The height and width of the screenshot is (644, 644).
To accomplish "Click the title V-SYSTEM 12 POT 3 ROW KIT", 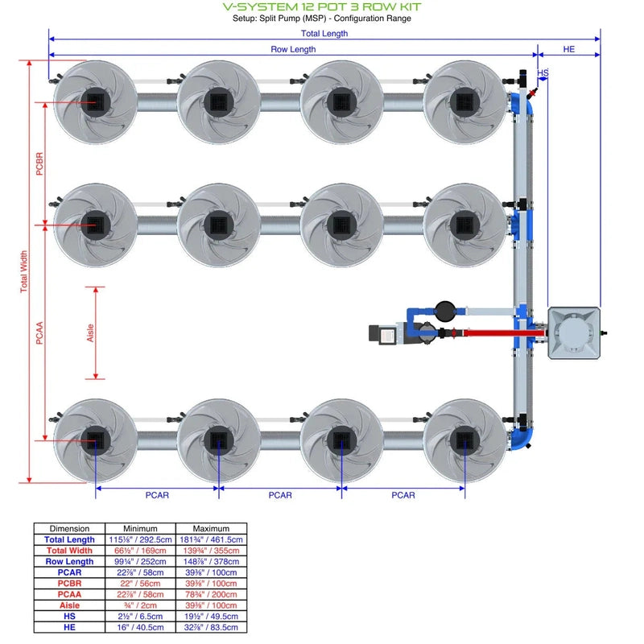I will click(x=321, y=6).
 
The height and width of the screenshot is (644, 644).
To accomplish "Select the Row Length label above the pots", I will click(x=292, y=50).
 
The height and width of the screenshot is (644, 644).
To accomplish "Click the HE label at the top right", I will click(x=568, y=50).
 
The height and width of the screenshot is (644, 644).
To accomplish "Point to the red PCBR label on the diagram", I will click(x=39, y=163).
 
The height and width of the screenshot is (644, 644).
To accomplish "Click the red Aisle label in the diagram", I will click(x=90, y=332).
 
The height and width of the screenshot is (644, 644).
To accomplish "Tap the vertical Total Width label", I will click(x=23, y=272).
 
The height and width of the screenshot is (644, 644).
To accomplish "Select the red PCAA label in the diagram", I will click(x=39, y=332).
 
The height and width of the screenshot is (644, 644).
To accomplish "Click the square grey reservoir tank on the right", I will click(x=574, y=332).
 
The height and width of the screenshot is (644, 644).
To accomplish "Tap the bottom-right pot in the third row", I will click(x=465, y=439).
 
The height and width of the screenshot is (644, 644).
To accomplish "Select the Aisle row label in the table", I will click(x=69, y=605).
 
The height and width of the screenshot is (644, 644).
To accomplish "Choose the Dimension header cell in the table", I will click(x=69, y=529).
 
